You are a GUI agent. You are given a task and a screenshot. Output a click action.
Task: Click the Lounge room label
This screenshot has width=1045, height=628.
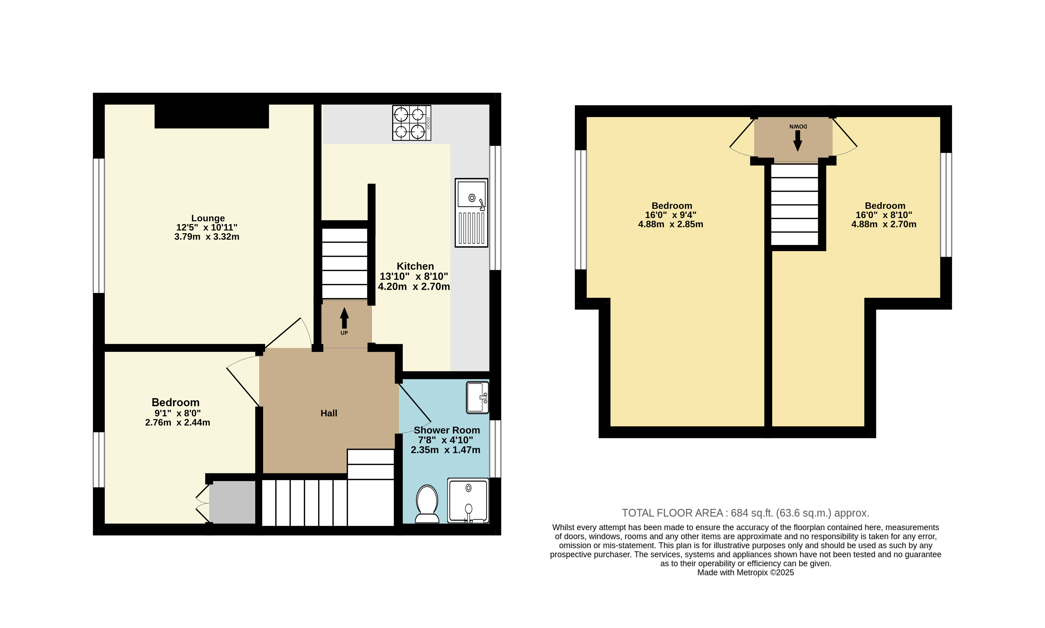208,218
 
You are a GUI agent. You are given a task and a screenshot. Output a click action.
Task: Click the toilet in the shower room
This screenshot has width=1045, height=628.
427,504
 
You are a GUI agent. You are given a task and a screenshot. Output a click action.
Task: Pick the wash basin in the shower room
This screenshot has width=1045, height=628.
477,397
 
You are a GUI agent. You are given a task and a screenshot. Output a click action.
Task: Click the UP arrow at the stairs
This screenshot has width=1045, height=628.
344,318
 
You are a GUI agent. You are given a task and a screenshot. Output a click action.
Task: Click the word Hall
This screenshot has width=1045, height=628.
329,413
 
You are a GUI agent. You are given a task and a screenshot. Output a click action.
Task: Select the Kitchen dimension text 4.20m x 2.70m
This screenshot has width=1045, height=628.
414,287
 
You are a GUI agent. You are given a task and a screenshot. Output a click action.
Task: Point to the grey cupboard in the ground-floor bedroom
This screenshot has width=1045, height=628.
232,502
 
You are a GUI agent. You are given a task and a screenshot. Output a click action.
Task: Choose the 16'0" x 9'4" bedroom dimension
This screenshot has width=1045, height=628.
671,215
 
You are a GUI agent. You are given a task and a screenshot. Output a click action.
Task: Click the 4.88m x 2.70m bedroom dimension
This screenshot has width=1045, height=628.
884,224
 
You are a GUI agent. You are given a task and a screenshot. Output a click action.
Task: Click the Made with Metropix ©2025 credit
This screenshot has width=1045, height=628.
745,573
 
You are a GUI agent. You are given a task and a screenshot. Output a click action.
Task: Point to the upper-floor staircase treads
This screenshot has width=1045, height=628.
794,205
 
